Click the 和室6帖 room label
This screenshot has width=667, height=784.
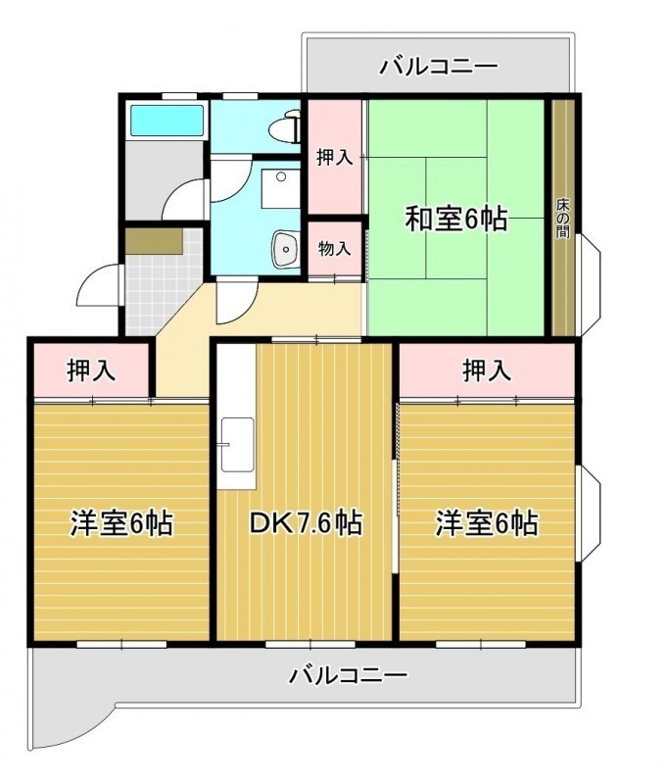click(x=456, y=219)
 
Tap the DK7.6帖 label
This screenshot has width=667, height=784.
click(x=306, y=523)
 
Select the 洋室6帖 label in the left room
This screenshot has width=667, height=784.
click(x=121, y=523)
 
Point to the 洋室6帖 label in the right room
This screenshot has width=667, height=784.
click(x=487, y=523)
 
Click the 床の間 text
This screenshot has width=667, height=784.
click(x=562, y=219)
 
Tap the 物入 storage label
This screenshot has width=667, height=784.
click(x=334, y=248)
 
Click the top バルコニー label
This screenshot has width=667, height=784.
click(x=439, y=66)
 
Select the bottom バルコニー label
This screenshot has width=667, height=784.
click(x=349, y=675)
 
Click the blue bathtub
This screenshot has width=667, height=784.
click(x=167, y=120)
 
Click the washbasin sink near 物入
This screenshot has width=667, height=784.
click(x=285, y=249)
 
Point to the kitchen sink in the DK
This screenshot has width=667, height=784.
click(x=237, y=444)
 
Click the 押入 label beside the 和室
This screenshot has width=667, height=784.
click(x=335, y=158)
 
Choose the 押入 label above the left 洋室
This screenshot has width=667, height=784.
click(x=91, y=370)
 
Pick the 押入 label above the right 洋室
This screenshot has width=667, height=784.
click(x=487, y=370)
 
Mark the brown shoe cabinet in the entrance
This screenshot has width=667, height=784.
click(x=154, y=241)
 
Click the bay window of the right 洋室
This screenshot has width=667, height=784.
click(x=590, y=513)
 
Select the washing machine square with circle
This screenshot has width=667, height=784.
click(x=281, y=188)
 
